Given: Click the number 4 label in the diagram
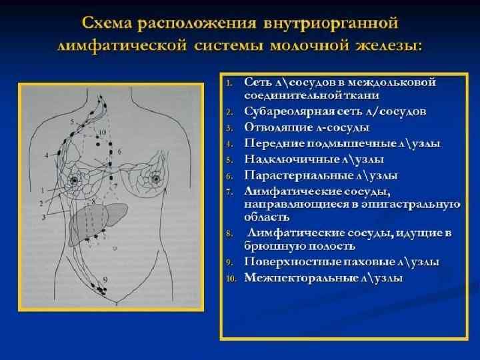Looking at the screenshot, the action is coord(47,154).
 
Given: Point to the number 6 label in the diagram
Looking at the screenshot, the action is coord(120,153).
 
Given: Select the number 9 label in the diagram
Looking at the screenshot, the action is coord(105,277).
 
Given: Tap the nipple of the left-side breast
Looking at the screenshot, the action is coord(74,179).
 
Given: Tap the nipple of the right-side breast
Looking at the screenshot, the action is coord(157,179).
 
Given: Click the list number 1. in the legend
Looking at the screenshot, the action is coord(229,83).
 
